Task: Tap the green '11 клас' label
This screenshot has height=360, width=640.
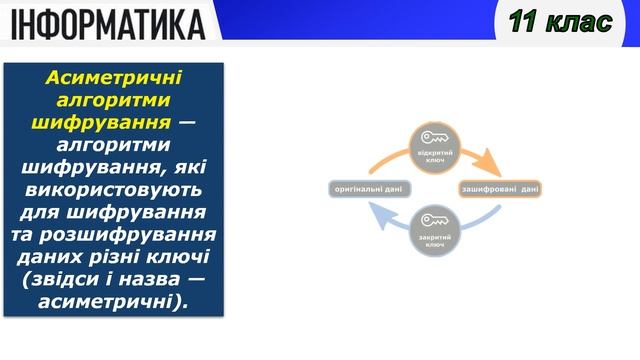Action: [559, 22]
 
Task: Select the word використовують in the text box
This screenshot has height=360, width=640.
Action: [113, 190]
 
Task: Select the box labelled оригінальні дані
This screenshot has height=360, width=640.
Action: [368, 188]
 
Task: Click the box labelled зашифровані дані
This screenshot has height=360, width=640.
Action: [500, 188]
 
